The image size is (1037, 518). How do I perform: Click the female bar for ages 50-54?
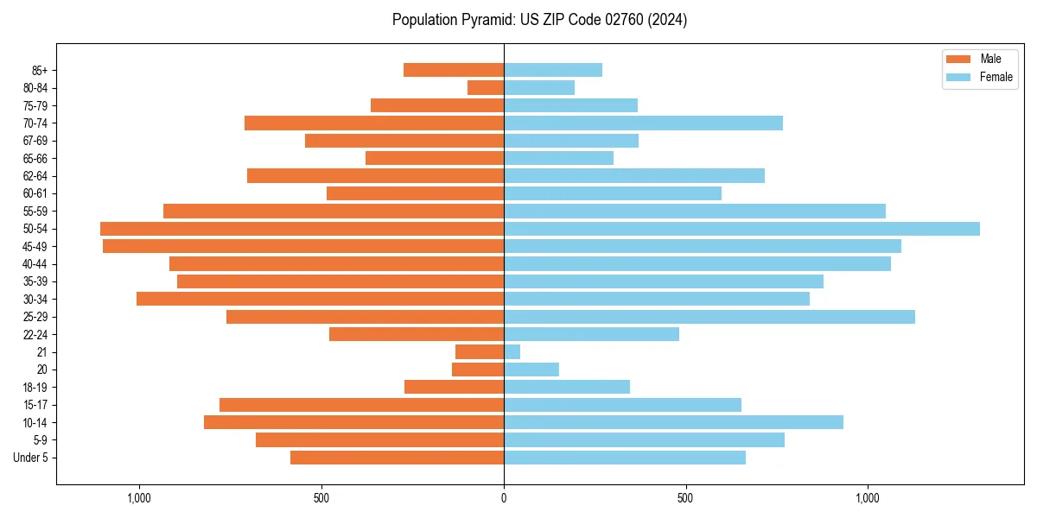point(741,229)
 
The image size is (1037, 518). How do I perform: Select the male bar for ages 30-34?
point(320,299)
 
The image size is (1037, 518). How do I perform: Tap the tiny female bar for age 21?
point(512,351)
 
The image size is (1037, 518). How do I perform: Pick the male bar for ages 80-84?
point(486,87)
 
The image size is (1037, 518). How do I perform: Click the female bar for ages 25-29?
point(709,317)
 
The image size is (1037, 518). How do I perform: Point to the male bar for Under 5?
point(397,458)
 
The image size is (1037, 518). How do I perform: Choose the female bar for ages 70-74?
point(643,123)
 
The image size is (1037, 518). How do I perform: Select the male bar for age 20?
point(478,370)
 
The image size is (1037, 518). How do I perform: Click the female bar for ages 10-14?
point(673,422)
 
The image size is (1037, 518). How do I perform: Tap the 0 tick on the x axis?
point(504,498)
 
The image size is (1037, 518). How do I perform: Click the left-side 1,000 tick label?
point(139,498)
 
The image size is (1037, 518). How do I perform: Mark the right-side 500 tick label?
point(685,498)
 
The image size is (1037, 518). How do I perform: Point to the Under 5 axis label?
point(30,458)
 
